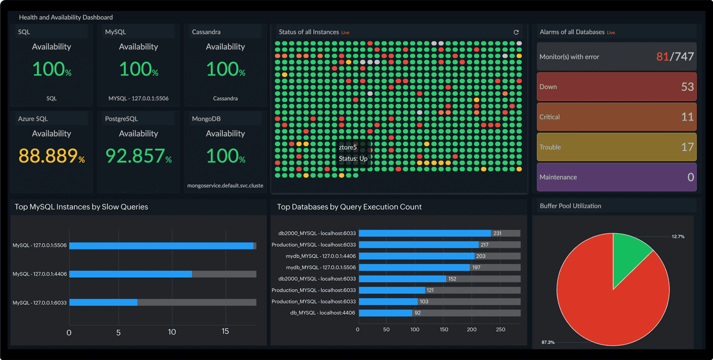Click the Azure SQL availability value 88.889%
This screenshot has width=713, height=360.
coord(51,156)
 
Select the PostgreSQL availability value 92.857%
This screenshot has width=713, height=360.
coord(138,156)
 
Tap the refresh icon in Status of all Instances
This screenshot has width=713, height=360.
coord(516,32)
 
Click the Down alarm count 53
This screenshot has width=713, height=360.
coord(687,87)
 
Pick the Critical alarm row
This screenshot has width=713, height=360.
coord(617,117)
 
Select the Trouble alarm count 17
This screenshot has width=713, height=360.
coord(687,147)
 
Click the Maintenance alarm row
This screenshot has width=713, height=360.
coord(617,177)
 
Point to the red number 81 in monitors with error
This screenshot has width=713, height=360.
coord(663,57)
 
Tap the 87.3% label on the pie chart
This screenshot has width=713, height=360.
coord(548,342)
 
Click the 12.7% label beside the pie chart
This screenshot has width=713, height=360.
coord(678,236)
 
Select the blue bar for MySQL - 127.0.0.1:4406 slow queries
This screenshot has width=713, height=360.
coord(131,274)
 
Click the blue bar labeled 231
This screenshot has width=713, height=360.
coord(425,234)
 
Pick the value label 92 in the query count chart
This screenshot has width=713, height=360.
coord(418,313)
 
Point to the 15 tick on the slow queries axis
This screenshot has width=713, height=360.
coord(225,332)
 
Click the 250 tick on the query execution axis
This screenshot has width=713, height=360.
coord(501,330)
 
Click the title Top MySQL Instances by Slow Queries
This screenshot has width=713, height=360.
coord(81,207)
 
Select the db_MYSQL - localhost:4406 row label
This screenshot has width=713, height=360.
coord(322,313)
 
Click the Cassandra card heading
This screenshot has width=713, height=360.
coord(206,32)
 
